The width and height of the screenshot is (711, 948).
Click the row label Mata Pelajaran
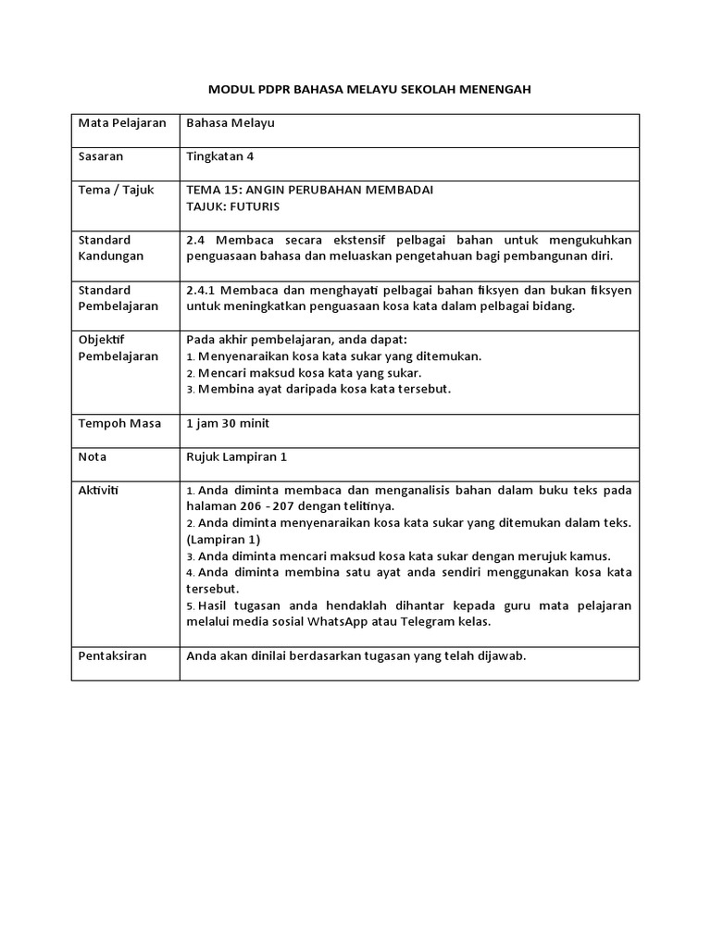point(121,122)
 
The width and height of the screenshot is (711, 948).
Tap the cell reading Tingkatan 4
point(220,156)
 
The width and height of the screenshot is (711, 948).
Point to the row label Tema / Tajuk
point(116,189)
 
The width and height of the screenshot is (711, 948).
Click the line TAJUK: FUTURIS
point(232,206)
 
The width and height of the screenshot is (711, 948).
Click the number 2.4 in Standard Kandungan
point(195,240)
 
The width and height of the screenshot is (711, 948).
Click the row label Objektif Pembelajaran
point(118,348)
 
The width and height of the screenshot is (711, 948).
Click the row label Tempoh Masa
point(119,423)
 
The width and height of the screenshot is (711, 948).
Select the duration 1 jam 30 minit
point(228,423)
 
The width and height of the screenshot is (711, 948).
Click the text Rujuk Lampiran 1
point(238,456)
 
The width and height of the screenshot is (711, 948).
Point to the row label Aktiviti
point(99,490)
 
